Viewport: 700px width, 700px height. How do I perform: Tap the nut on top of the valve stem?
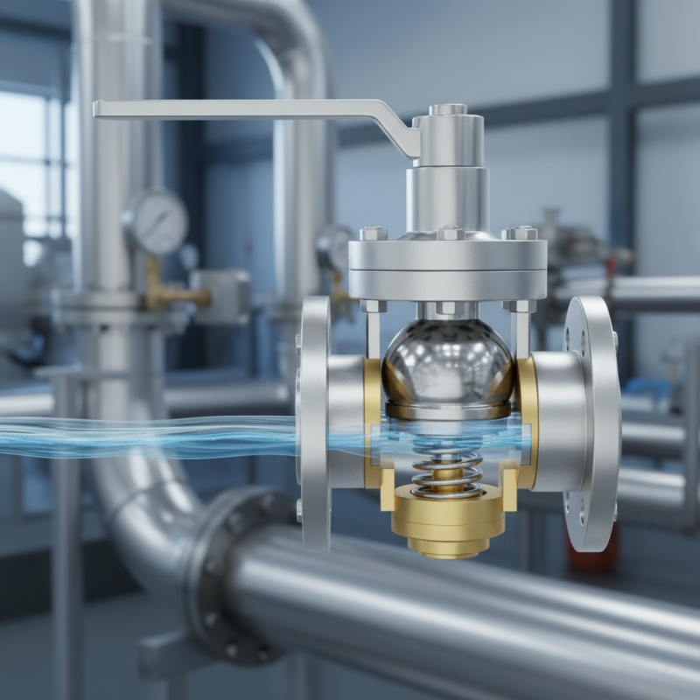click(x=447, y=110)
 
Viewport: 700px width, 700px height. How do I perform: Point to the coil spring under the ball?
click(x=447, y=464)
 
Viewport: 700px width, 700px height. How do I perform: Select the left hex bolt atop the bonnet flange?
click(x=373, y=234)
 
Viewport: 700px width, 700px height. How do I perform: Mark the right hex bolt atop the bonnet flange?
click(x=521, y=233)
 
